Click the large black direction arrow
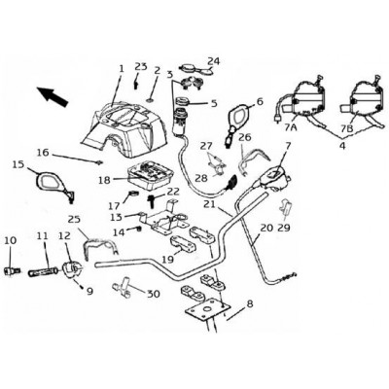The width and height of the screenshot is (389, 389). pos(52,96)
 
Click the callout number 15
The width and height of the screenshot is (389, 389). pos(18,164)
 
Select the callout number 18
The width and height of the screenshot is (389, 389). pos(104,180)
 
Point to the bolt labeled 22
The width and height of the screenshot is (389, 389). pos(152,201)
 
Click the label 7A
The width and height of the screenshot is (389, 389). pos(291,127)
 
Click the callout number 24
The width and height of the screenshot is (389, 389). pos(213,61)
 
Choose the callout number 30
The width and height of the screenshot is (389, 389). pos(154,294)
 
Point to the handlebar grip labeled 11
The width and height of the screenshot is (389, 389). pos(44,271)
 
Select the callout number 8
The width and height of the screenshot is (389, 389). pos(250,303)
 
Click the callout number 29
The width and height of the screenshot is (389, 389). pos(284,228)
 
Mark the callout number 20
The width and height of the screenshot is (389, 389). pos(267,228)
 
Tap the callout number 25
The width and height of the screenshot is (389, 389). pos(74,220)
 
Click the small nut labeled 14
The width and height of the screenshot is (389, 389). pos(139,229)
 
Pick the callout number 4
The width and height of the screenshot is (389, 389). pos(342,146)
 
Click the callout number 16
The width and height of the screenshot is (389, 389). pos(44,152)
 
